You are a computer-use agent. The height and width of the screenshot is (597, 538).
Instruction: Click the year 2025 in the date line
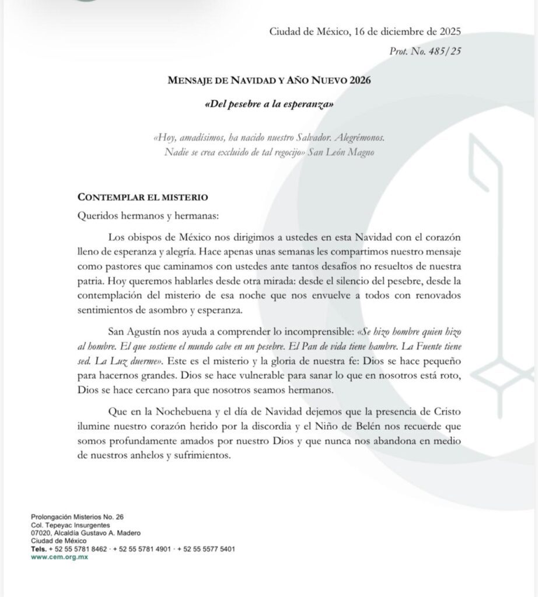click(x=449, y=31)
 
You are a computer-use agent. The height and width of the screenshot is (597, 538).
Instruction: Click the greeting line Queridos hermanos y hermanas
click(x=148, y=216)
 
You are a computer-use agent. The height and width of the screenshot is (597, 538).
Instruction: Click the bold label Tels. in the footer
click(x=39, y=549)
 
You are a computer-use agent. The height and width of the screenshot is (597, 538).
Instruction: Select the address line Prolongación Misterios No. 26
click(x=77, y=517)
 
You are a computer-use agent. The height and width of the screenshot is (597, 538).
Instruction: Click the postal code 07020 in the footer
click(x=41, y=533)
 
